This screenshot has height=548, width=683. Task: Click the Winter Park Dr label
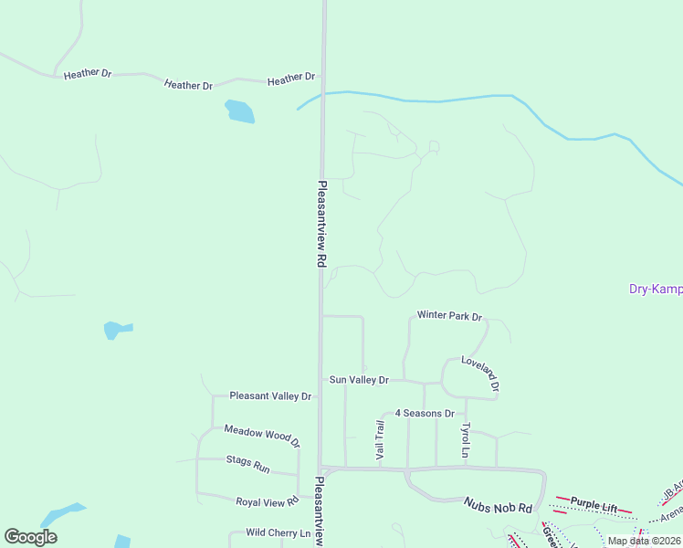pos(449,315)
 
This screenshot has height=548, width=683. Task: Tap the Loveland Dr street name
pos(480,374)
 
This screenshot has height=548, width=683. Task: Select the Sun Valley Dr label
pos(359,380)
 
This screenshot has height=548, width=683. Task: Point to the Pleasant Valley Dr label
pos(270,396)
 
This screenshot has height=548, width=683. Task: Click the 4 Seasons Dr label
pos(424,414)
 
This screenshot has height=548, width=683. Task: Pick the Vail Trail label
pos(380,439)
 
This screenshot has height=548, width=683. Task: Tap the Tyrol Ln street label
pos(465,440)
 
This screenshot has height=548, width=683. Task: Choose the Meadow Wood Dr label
pos(262,436)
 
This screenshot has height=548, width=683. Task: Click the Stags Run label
pos(248,464)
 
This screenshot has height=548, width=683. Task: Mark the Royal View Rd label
pos(268,501)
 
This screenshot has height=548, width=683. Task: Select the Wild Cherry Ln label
pos(278,532)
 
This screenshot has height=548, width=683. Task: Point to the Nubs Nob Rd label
pos(498,504)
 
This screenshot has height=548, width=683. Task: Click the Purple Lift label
pos(594,503)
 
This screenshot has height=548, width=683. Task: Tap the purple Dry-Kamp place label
pos(656,290)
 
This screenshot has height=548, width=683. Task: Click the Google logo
pos(30,537)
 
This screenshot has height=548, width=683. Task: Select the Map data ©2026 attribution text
pos(643,541)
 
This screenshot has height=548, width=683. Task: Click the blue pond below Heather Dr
pos(239,111)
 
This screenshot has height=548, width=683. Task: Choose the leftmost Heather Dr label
pos(88,74)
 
